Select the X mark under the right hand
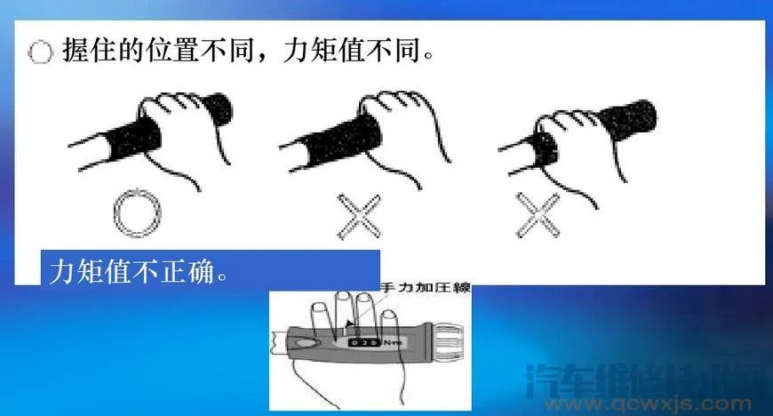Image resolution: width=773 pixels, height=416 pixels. coord(538,216)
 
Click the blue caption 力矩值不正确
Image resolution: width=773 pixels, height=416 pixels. coord(133,269)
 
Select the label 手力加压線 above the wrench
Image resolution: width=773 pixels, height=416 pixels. coord(424,289)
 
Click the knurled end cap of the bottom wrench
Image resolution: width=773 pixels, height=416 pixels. coord(452,335)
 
